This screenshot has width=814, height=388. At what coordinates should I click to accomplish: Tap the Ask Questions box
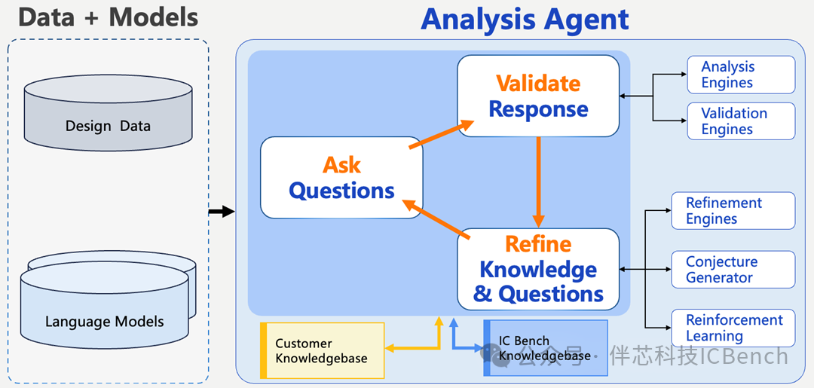341,178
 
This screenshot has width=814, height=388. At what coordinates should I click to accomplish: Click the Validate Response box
538,96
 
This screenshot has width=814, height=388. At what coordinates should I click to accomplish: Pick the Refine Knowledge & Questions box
538,269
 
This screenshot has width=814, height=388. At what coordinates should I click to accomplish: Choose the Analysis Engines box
741,75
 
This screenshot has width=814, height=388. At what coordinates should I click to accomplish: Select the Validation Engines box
741,121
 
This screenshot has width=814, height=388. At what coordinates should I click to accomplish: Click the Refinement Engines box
733,211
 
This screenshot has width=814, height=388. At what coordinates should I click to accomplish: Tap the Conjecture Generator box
733,270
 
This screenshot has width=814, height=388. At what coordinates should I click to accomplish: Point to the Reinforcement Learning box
733,328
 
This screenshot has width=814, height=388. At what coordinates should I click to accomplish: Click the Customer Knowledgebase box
322,350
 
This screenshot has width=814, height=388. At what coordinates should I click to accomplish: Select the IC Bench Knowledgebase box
544,348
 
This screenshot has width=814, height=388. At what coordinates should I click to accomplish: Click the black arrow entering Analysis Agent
221,212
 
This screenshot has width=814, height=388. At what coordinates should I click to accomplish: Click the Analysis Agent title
525,19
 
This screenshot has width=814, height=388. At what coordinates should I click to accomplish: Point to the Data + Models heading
108,17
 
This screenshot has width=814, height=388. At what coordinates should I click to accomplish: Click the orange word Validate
538,83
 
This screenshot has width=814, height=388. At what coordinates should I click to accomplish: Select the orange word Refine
538,244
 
